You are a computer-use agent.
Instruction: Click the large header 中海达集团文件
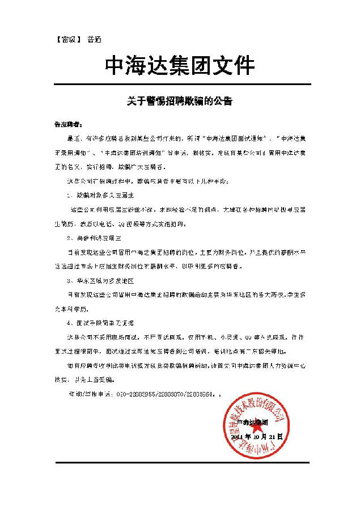click(180, 66)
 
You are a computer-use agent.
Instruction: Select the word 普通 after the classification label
click(94, 40)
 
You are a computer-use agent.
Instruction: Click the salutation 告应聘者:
click(67, 124)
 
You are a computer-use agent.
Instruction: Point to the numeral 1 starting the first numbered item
click(68, 195)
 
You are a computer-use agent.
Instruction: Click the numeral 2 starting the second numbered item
click(68, 238)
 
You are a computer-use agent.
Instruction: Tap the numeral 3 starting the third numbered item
click(68, 280)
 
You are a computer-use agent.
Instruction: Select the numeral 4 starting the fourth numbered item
click(68, 323)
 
